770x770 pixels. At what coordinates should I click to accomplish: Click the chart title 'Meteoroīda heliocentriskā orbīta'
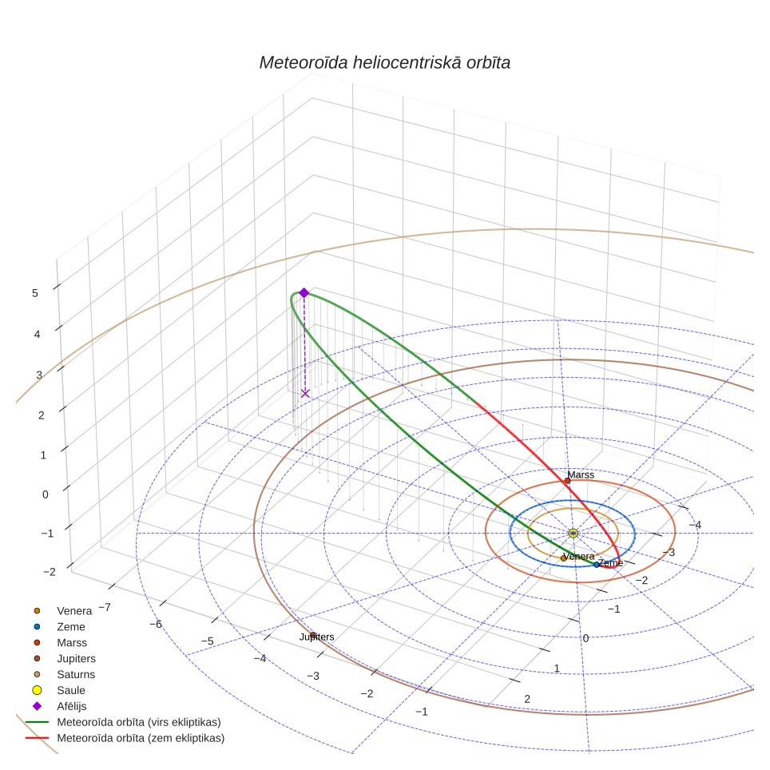point(384,63)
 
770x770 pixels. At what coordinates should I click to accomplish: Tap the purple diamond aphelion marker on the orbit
point(304,292)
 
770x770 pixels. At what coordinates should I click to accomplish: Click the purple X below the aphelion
point(305,393)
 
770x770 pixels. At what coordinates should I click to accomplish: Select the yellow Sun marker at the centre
point(573,534)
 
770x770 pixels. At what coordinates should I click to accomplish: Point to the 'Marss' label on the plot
point(581,475)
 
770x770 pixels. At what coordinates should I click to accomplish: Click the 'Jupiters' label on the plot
point(317,637)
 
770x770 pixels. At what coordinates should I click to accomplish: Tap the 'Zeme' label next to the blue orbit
point(611,563)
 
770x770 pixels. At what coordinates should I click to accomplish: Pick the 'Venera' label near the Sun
point(578,557)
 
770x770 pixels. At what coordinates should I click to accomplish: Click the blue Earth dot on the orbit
point(596,565)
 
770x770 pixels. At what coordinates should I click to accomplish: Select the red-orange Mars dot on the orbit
point(567,481)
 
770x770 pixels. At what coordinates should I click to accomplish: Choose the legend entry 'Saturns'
point(76,675)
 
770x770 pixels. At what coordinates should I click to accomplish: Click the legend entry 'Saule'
point(71,690)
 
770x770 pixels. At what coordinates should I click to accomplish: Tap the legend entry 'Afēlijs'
point(72,706)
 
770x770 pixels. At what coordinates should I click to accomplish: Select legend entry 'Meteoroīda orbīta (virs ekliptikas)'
point(139,722)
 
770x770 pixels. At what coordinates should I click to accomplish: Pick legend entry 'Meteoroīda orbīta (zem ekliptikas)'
point(141,738)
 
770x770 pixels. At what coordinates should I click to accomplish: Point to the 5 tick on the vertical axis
point(35,293)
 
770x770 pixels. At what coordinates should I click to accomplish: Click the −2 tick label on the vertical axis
point(49,572)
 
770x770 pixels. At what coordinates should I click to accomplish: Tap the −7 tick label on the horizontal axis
point(105,608)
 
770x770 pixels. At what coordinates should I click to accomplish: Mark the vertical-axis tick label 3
point(39,375)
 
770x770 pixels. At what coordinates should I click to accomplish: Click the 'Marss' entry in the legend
point(72,643)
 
